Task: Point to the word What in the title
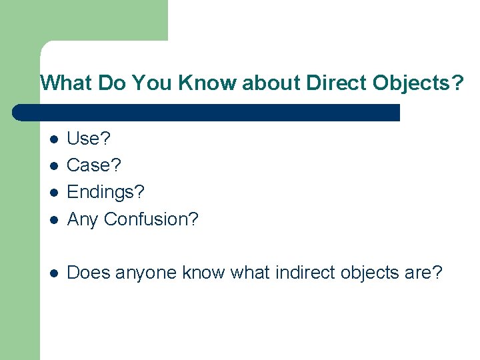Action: (65, 83)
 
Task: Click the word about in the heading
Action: (273, 83)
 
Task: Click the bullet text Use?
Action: (89, 139)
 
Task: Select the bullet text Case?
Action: (94, 165)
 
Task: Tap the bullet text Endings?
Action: (105, 192)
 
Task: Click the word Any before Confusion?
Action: (83, 219)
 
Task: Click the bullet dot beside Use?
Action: (54, 139)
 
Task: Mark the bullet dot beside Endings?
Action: (54, 193)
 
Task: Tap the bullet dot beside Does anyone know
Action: (54, 273)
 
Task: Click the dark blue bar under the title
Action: (207, 112)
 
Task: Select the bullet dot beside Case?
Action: (54, 166)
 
